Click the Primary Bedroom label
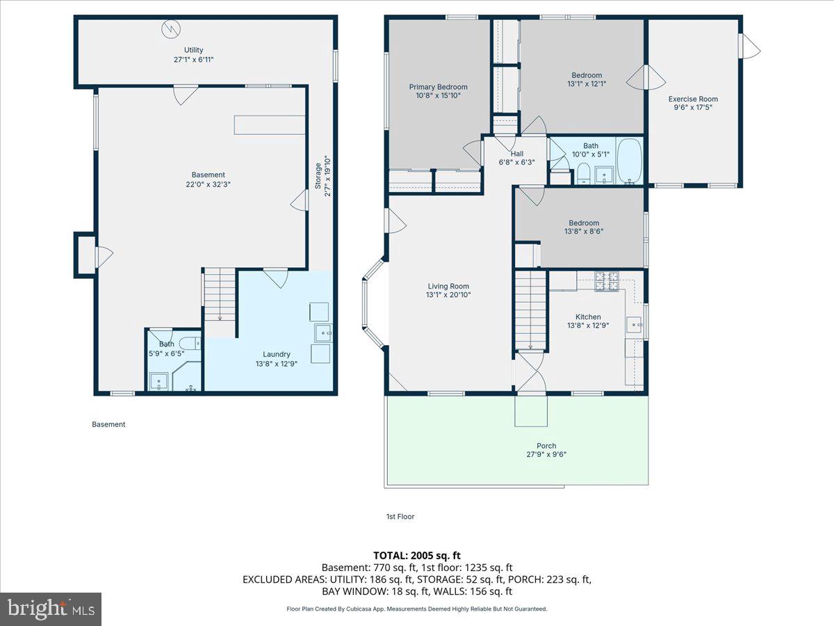point(437,87)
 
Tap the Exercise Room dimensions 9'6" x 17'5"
point(693,108)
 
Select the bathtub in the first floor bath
point(630,162)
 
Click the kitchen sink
point(635,324)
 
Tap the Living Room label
point(448,286)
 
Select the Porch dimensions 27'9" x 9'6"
point(546,455)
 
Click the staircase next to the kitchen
point(530,310)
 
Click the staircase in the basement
point(220,296)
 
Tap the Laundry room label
point(277,354)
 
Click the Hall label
point(516,154)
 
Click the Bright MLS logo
point(51,609)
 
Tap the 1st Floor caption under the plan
point(400,517)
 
